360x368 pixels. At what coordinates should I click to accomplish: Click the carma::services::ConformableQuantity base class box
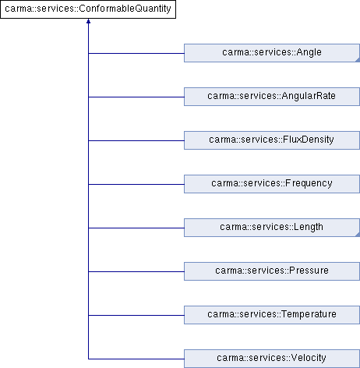click(88, 9)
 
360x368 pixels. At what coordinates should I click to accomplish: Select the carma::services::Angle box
click(272, 53)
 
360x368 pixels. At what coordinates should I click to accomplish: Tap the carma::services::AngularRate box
click(272, 97)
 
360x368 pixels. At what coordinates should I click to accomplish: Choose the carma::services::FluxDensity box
click(272, 140)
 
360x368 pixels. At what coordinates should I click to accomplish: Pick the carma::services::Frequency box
click(272, 184)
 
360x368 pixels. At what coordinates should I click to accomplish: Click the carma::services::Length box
click(272, 228)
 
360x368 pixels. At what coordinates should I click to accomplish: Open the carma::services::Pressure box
click(272, 271)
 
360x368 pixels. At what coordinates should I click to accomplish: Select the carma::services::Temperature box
click(272, 315)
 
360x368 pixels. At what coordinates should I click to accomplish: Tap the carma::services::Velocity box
click(272, 359)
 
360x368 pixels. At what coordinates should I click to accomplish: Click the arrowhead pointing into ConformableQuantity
click(88, 21)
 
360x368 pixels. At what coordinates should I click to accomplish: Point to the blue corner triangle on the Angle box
click(358, 60)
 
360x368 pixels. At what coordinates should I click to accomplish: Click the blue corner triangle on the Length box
click(358, 235)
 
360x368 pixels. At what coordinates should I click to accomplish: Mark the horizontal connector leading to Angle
click(136, 53)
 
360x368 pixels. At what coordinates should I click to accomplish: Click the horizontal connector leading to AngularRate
click(136, 97)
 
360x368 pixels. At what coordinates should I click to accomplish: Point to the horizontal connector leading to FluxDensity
click(136, 140)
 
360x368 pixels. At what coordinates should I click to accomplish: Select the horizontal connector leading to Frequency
click(136, 184)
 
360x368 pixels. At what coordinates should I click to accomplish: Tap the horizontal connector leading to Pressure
click(136, 271)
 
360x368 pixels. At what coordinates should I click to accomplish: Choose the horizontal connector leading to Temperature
click(136, 315)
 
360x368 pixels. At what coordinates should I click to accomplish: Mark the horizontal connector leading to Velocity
click(136, 359)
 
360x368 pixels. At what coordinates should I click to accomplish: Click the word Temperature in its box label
click(309, 314)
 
